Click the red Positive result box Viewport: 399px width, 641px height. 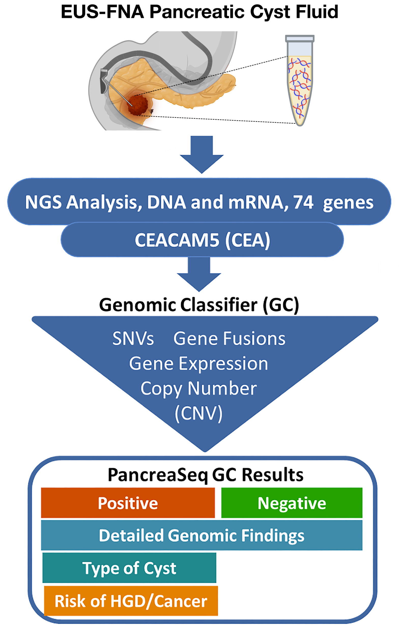[128, 503]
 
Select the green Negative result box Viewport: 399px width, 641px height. [292, 503]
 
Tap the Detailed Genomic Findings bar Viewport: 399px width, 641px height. [202, 536]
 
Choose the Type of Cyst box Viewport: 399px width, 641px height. [129, 568]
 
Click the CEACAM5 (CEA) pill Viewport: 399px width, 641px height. [202, 240]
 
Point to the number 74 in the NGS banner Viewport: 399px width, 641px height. [303, 202]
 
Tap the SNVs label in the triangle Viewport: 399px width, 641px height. [133, 339]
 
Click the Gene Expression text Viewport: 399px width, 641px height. [198, 364]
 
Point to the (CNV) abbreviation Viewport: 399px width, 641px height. [198, 414]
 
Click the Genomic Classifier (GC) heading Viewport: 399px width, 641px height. [199, 305]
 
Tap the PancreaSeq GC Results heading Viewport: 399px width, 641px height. [206, 475]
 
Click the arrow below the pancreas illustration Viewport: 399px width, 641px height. [202, 155]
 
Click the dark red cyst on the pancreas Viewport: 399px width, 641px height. [137, 105]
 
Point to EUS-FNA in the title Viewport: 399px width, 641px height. [103, 12]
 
